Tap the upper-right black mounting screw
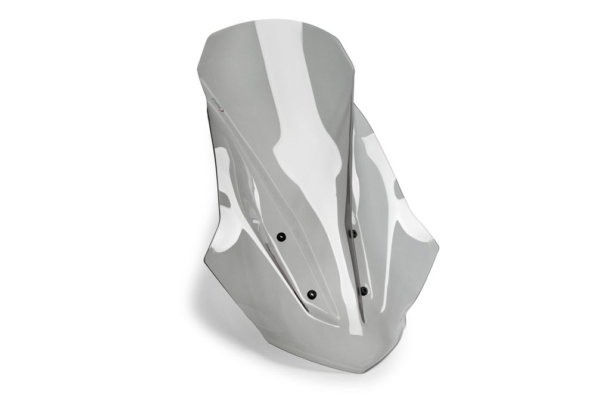tap(353, 233)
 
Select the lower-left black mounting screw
tap(311, 294)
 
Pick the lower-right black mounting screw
tap(364, 291)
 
